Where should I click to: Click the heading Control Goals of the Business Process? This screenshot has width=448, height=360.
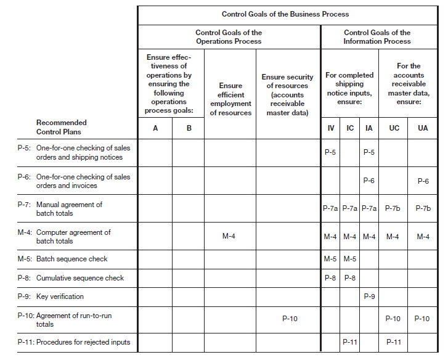coord(285,14)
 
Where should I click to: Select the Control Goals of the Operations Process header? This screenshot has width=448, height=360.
coord(229,37)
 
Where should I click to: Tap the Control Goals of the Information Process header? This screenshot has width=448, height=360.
coord(377,37)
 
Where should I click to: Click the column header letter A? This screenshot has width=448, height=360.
coord(155,128)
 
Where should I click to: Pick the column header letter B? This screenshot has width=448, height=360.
coord(189,128)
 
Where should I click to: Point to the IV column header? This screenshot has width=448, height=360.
coord(330,128)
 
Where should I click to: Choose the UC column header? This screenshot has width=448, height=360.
coord(393,128)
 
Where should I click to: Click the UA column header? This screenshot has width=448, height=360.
coord(423,128)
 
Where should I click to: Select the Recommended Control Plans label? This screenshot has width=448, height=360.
coord(61,127)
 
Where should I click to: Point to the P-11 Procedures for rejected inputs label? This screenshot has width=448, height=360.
coord(73,343)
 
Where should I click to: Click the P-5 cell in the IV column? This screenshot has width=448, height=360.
coord(330,152)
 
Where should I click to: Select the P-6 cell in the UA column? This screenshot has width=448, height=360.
coord(423,181)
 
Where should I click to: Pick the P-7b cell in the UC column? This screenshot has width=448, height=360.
coord(393,208)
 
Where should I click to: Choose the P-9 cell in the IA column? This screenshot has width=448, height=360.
coord(369,297)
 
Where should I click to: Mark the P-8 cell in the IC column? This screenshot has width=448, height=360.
coord(350,278)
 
